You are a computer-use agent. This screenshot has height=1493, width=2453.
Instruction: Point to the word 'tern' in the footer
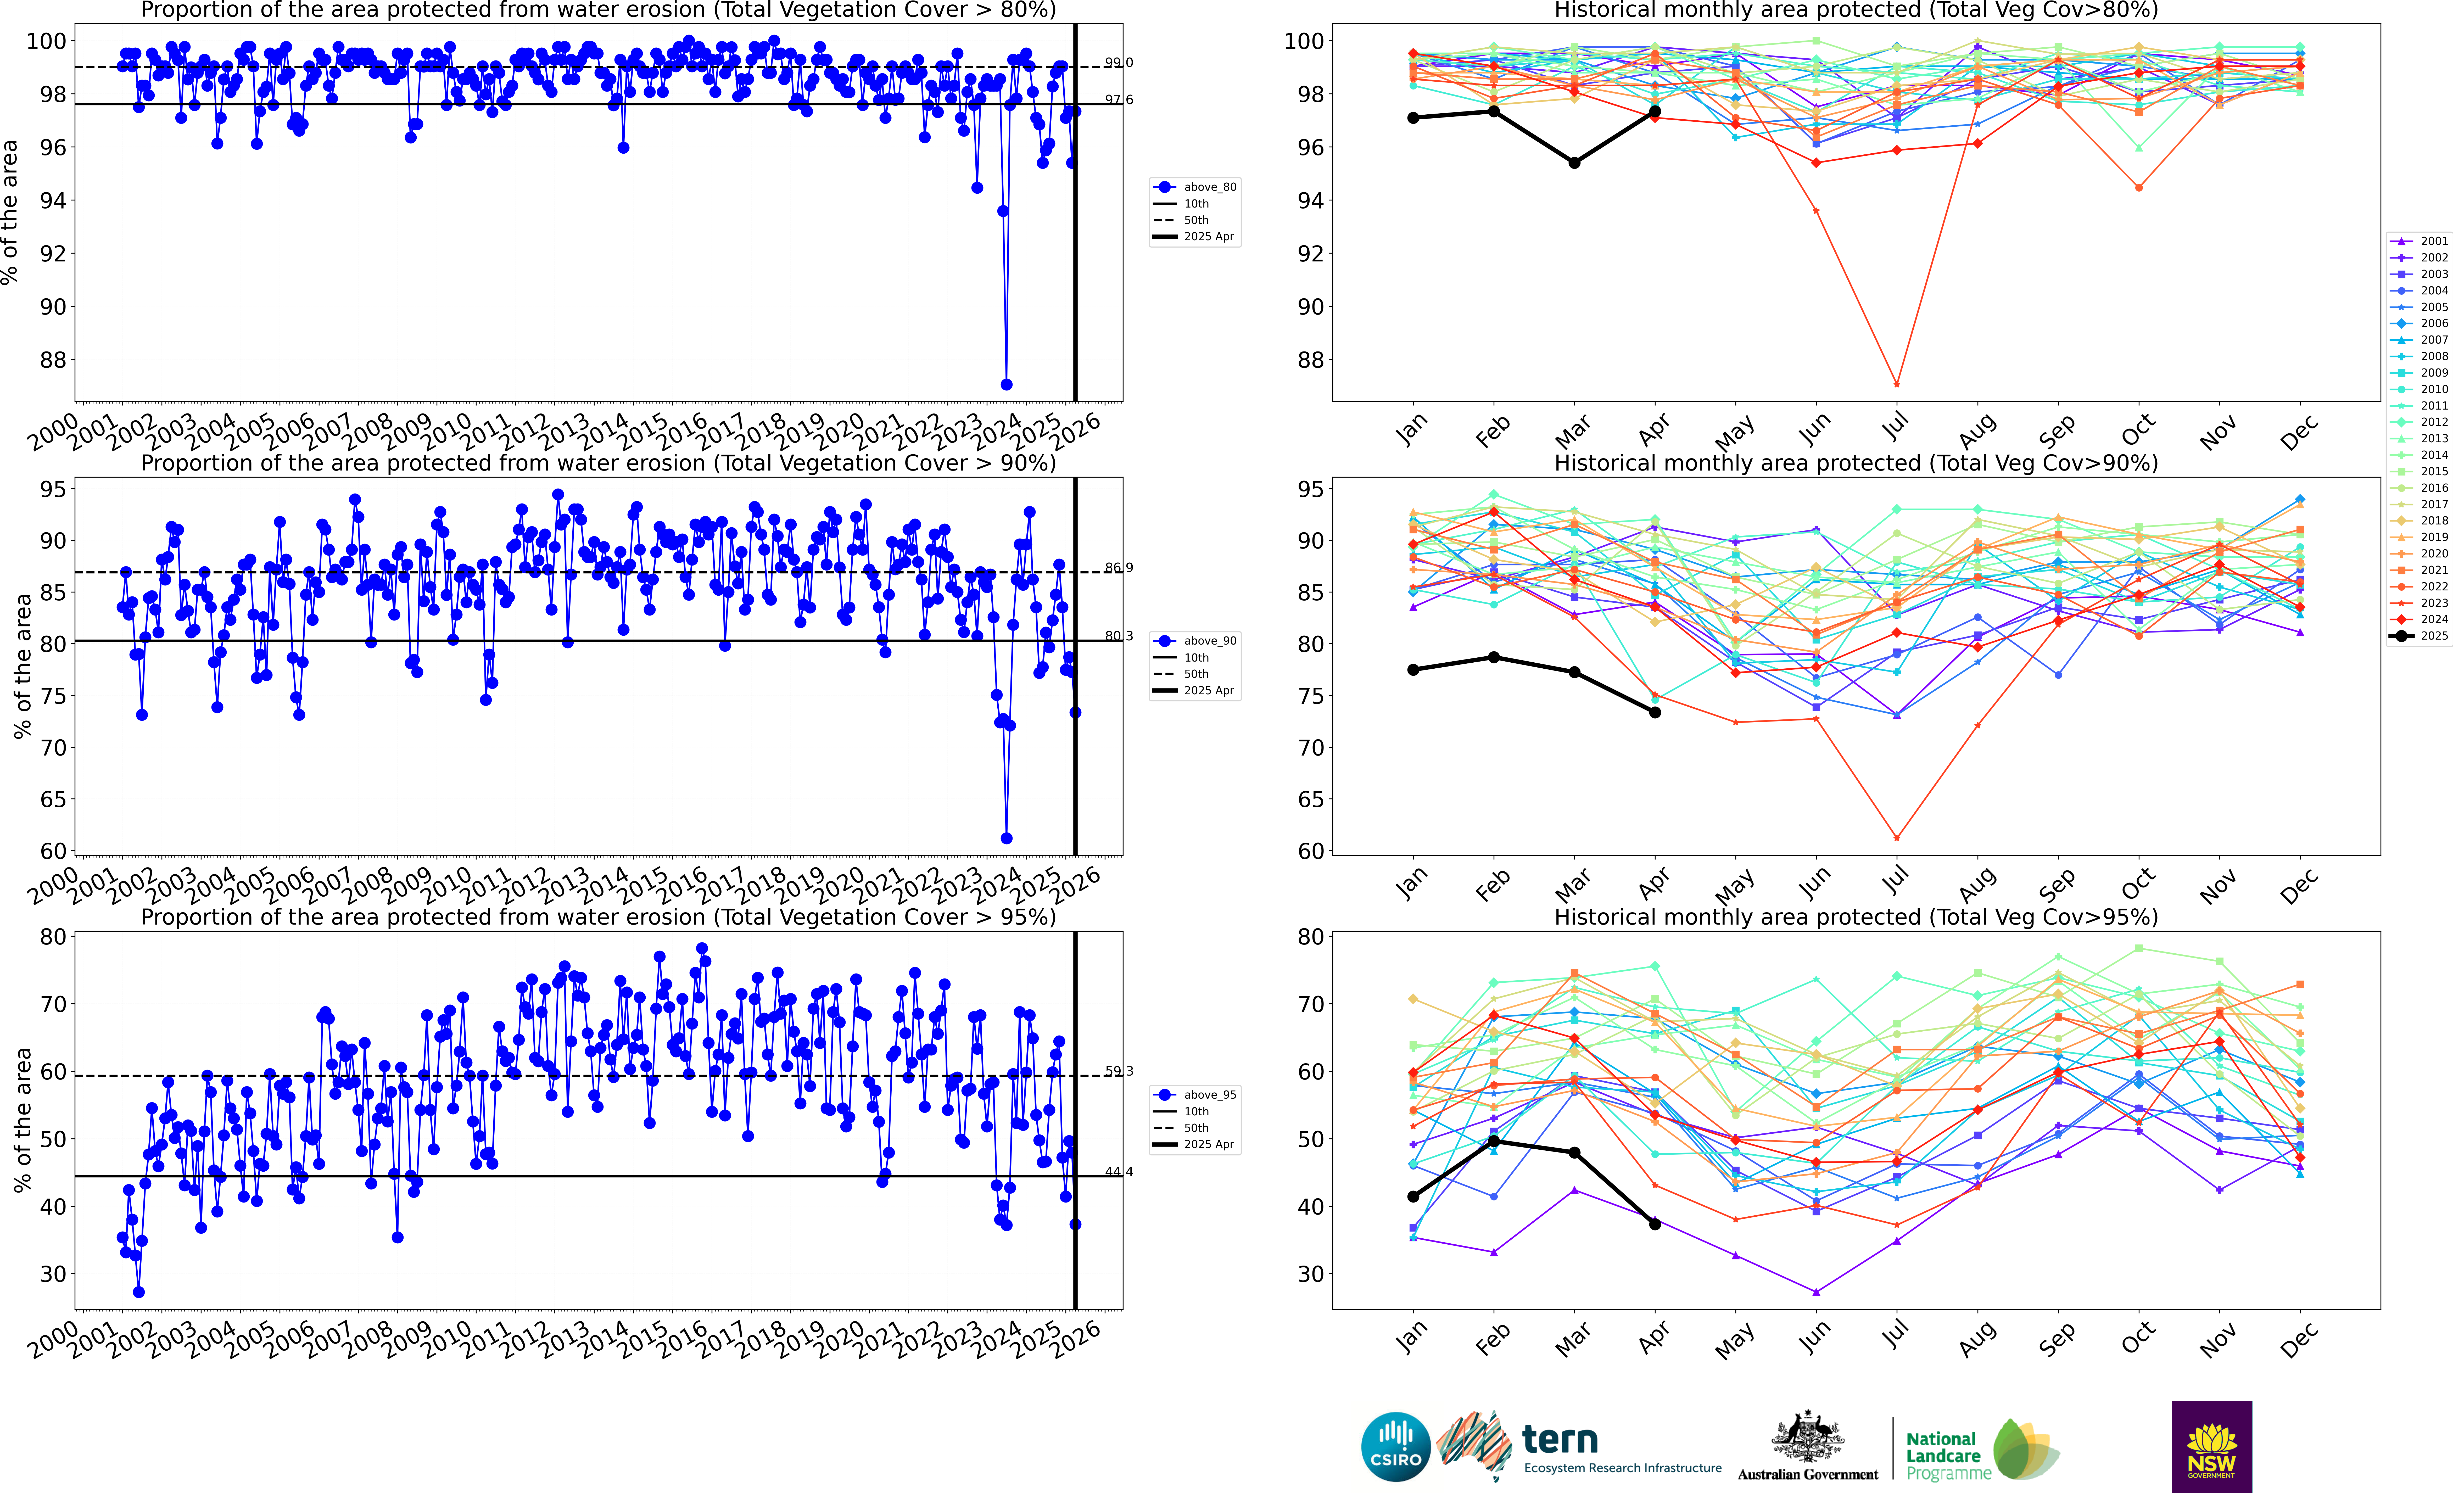point(1560,1439)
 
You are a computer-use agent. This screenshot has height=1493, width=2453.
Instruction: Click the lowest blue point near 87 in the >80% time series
point(1007,384)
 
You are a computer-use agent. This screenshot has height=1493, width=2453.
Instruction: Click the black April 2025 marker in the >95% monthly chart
point(1655,1224)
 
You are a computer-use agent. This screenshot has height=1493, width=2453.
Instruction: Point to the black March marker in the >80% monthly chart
point(1574,162)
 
